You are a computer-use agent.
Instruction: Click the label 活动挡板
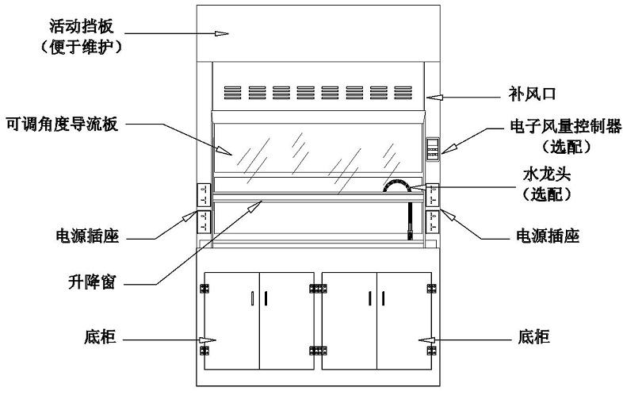tap(82, 26)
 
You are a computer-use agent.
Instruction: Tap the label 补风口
tap(532, 94)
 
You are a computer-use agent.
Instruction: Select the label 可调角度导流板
tap(62, 125)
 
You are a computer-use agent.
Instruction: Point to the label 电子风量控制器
tap(565, 126)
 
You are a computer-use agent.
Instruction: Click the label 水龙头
tap(547, 174)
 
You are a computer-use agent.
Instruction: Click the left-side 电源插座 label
tap(87, 236)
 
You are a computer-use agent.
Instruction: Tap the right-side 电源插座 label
tap(548, 236)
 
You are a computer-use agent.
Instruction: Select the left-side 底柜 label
tap(100, 337)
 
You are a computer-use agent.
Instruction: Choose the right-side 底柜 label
tap(534, 337)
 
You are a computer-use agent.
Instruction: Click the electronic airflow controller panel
tap(433, 149)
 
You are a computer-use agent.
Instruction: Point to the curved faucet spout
tap(397, 184)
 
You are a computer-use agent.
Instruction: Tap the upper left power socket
tap(204, 195)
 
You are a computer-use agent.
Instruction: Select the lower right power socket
tap(432, 221)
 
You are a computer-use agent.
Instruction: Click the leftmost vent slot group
tap(232, 93)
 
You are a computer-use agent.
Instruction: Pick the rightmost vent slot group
tap(403, 93)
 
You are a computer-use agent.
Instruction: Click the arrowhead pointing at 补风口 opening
tap(434, 97)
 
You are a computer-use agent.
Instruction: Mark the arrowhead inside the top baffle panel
tap(221, 33)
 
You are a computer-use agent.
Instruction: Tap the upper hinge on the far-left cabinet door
tap(205, 289)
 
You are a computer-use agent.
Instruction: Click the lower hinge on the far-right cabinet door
tap(432, 351)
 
